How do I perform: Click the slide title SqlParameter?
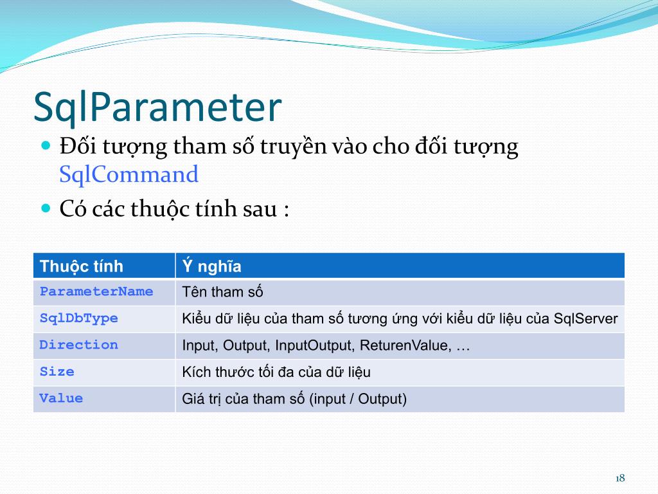click(157, 107)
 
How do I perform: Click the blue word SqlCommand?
click(129, 174)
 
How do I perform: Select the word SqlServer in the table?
click(586, 318)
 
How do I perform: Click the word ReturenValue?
click(405, 345)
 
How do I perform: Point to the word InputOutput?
click(315, 345)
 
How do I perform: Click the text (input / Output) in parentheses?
click(358, 399)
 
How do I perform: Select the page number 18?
click(620, 478)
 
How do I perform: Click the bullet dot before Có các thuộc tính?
click(46, 208)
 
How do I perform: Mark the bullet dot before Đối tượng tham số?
click(46, 146)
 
